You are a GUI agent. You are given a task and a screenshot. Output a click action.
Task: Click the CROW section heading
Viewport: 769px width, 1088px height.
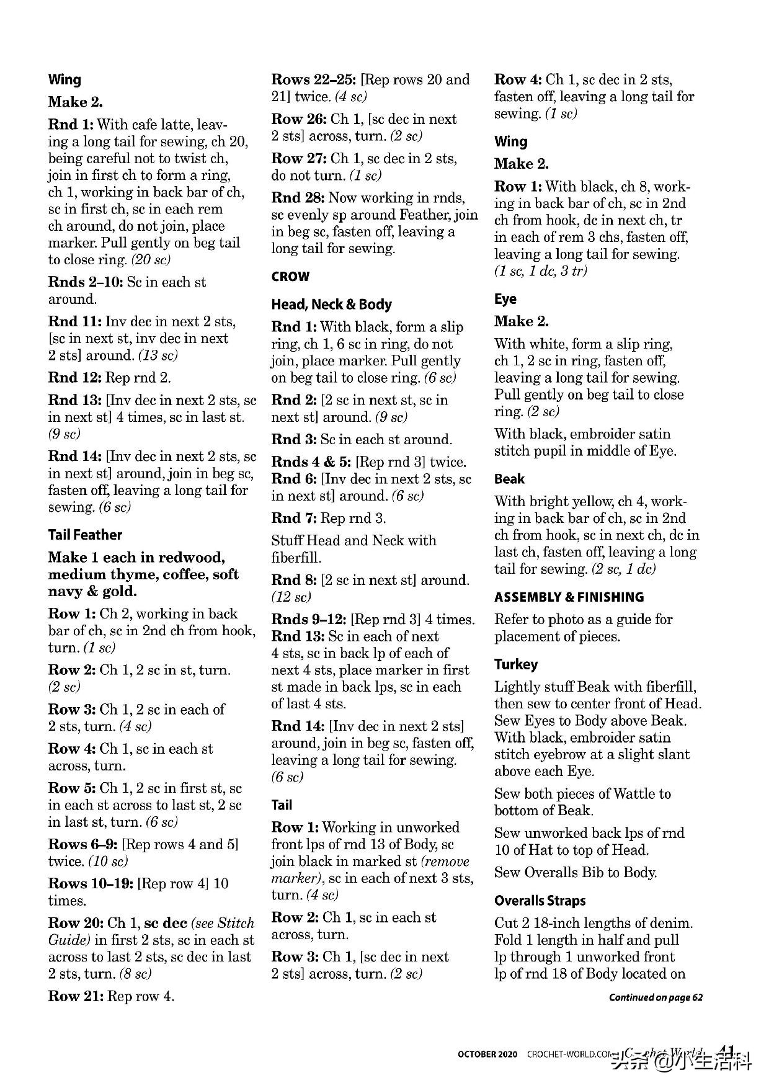[290, 277]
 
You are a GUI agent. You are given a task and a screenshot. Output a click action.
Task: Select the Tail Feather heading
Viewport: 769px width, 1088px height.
[85, 535]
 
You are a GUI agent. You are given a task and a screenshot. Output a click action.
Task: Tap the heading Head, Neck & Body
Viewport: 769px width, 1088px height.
[331, 305]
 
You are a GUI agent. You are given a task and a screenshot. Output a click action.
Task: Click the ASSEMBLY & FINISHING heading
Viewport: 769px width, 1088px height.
[569, 597]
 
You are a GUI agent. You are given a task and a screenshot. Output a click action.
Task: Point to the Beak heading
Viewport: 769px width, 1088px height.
[509, 479]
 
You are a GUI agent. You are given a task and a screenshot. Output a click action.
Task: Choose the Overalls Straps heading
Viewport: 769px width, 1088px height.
[540, 901]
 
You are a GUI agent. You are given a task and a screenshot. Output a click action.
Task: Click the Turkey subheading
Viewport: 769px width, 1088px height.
[515, 664]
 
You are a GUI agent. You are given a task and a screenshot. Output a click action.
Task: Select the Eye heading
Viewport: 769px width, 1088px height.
[505, 299]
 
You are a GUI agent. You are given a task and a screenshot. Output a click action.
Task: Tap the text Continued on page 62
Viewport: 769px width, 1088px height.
[656, 997]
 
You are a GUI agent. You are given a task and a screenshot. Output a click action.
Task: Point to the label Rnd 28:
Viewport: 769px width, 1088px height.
[298, 198]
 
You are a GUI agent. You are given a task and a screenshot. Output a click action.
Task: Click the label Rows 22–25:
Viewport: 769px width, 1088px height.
[313, 80]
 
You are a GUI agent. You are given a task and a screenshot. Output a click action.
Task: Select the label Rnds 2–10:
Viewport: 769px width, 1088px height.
[85, 282]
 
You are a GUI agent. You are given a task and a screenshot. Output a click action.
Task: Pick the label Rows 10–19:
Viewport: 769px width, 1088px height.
[91, 883]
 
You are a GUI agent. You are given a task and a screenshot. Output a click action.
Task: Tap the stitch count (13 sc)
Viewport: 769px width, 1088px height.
[158, 355]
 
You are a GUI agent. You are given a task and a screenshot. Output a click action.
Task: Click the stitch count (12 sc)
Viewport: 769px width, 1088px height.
[291, 597]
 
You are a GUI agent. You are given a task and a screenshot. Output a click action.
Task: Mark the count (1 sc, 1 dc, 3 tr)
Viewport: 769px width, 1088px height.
[540, 271]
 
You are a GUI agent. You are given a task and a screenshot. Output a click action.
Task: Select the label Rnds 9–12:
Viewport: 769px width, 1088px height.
[309, 620]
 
